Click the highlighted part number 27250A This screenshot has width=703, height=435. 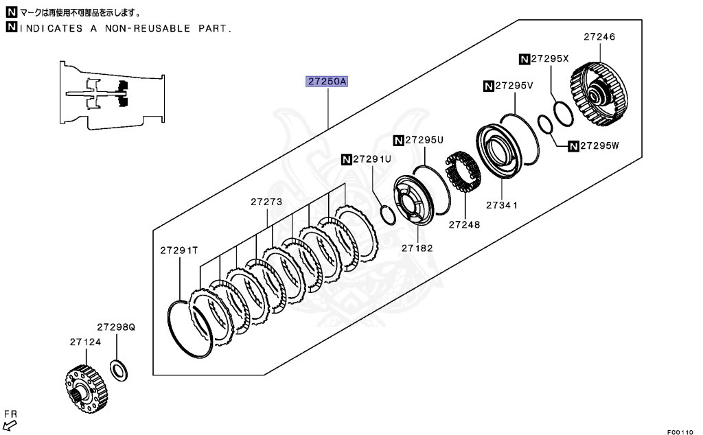tap(328, 81)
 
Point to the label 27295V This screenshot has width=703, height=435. tap(514, 86)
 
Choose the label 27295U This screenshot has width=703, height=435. tap(424, 140)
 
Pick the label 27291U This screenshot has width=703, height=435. tap(371, 159)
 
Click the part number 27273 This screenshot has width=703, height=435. tap(266, 202)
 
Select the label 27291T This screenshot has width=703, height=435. tap(179, 250)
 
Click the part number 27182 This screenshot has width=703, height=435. tap(418, 248)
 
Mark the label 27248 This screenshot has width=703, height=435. tap(465, 224)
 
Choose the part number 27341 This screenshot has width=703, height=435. tap(501, 205)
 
